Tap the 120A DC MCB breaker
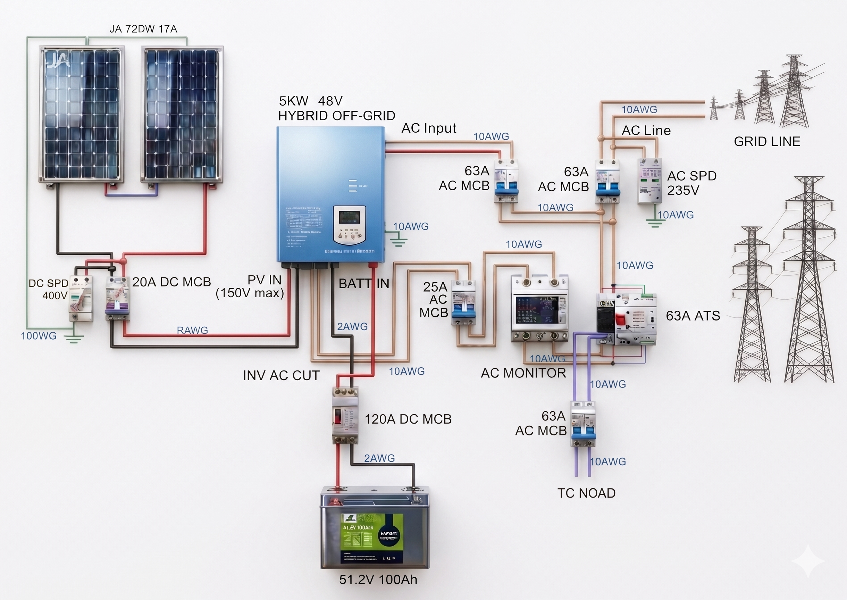(x=345, y=415)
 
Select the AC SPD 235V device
(x=650, y=181)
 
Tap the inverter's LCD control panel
(x=349, y=225)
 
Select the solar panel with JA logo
(x=82, y=115)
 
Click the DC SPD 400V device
(x=81, y=299)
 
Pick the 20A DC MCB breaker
(x=117, y=299)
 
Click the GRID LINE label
(x=767, y=142)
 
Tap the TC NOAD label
(x=586, y=493)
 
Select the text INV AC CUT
(x=281, y=375)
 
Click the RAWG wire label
(x=192, y=330)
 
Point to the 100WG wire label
(x=39, y=336)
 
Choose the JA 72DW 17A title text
(x=143, y=29)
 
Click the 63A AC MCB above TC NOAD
(x=583, y=424)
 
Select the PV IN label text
(x=265, y=280)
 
